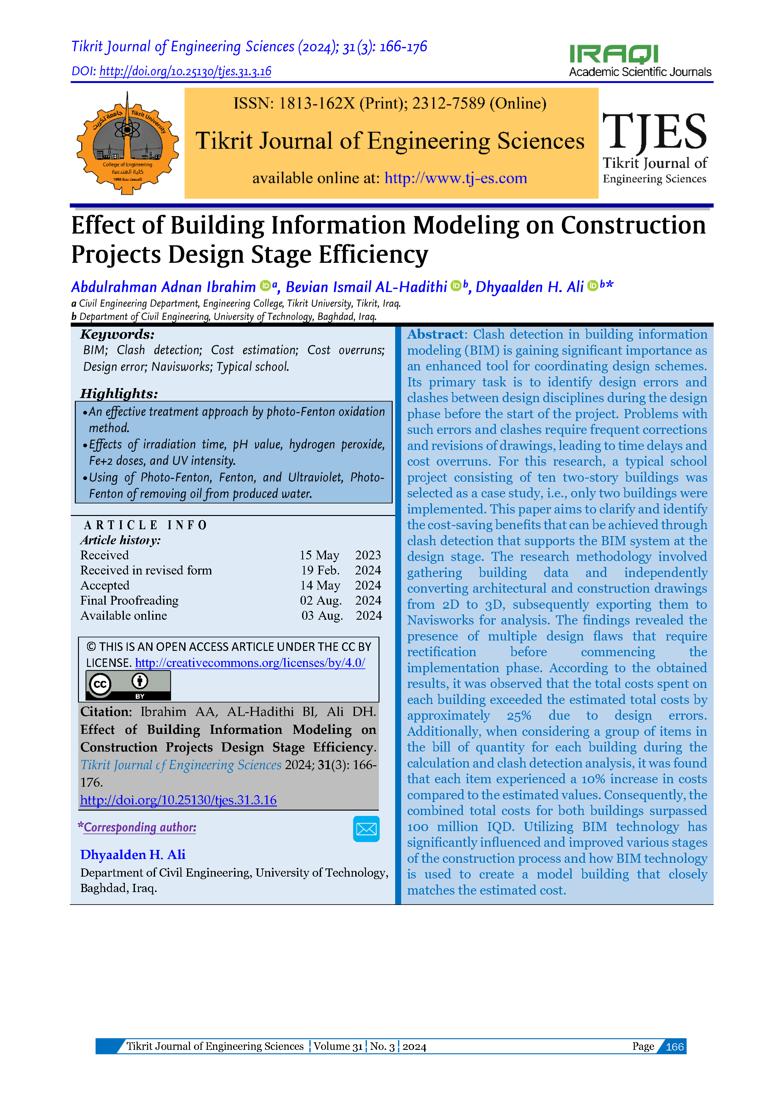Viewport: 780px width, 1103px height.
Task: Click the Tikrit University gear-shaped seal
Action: tap(127, 143)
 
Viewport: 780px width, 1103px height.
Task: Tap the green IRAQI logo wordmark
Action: tap(613, 54)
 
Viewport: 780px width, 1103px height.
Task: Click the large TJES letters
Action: tap(654, 131)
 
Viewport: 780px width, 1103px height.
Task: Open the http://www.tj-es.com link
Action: tap(455, 178)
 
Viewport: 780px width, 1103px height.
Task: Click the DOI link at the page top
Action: tap(185, 72)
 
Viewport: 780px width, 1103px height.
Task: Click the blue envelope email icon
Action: tap(366, 829)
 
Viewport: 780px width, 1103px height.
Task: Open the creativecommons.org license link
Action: tap(250, 663)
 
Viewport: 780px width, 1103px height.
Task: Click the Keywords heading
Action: tap(117, 334)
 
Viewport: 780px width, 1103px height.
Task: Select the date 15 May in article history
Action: tap(319, 555)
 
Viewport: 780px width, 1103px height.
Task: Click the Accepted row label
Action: tap(105, 585)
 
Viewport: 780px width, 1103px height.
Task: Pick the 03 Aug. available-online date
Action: tap(322, 616)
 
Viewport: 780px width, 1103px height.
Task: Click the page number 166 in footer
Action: tap(674, 1047)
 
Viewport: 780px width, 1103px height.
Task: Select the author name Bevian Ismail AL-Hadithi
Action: tap(367, 287)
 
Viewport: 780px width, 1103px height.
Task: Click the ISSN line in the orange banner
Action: tap(390, 103)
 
